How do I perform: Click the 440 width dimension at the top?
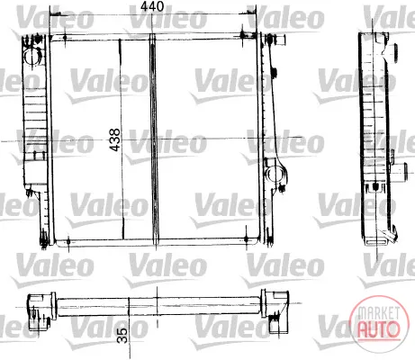(x=152, y=6)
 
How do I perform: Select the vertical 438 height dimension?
(x=115, y=139)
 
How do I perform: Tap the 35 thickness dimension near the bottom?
(x=122, y=335)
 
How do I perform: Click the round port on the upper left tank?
(x=32, y=57)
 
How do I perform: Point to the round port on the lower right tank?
(x=275, y=174)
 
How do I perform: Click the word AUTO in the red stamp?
(x=379, y=328)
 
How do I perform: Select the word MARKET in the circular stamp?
(x=379, y=313)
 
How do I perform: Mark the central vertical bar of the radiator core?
(x=154, y=139)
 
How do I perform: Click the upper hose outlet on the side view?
(x=394, y=53)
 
